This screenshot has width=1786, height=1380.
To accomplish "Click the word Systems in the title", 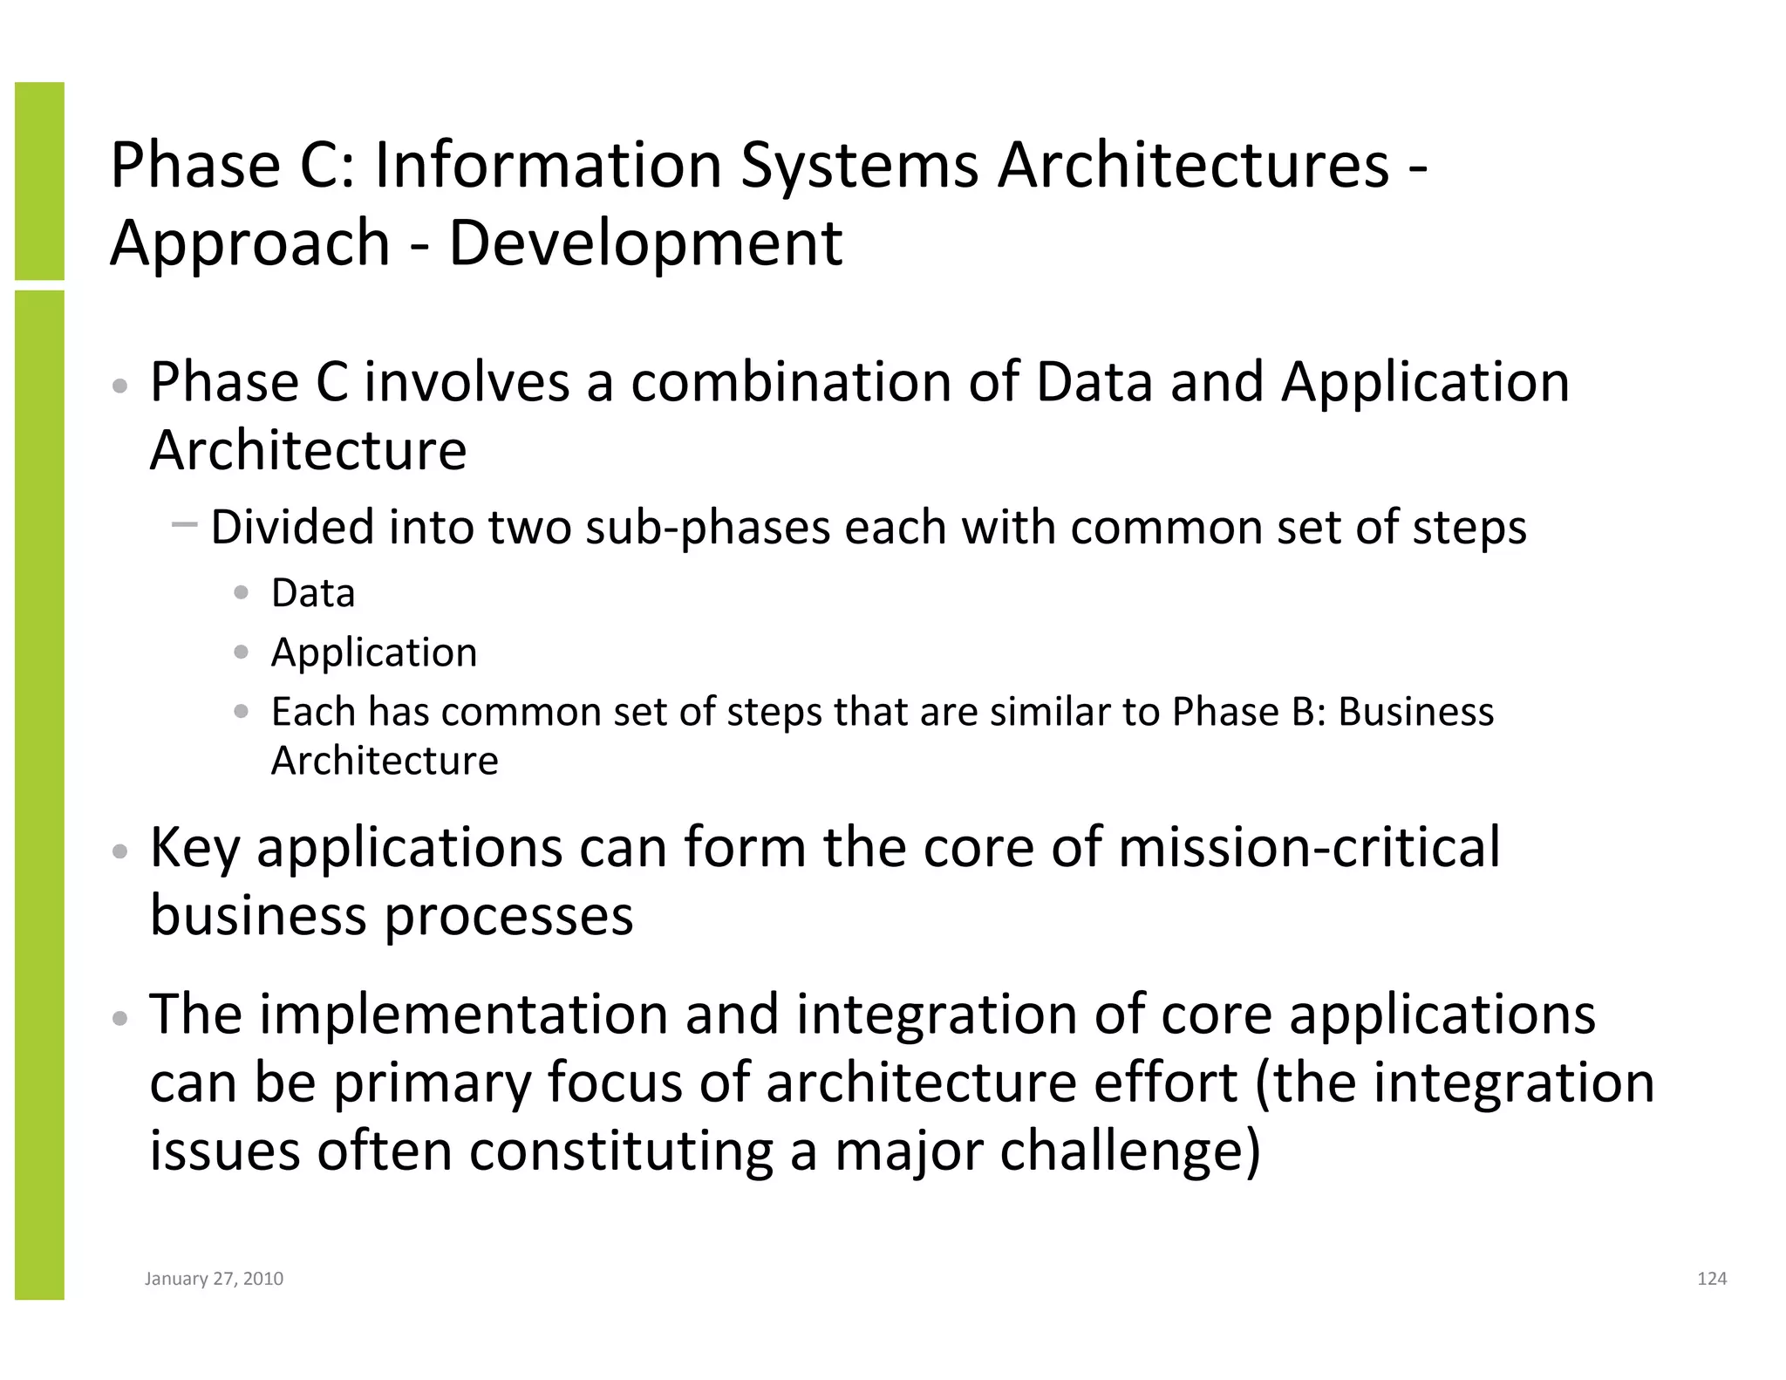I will click(859, 166).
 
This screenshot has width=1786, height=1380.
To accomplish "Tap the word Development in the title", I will click(645, 243).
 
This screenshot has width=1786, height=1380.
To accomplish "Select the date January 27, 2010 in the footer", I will click(214, 1279).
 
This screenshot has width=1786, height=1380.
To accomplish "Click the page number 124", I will click(1712, 1279).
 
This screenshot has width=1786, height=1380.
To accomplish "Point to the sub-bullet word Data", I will click(313, 594).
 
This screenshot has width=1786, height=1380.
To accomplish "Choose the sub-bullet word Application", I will click(374, 653).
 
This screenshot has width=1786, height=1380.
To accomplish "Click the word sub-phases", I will click(707, 529).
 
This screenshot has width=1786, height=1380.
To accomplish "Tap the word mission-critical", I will click(1308, 848).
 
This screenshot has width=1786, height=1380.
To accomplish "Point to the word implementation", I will click(463, 1015).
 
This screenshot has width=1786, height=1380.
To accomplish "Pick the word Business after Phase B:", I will click(1415, 713).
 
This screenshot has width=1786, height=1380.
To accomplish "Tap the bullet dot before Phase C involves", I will click(121, 386).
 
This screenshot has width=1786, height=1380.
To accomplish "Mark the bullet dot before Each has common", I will click(242, 712).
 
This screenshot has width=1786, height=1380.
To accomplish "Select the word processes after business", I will click(508, 916).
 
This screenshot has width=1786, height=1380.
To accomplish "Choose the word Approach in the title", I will click(249, 243).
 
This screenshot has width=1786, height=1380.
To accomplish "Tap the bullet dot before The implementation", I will click(121, 1018).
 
